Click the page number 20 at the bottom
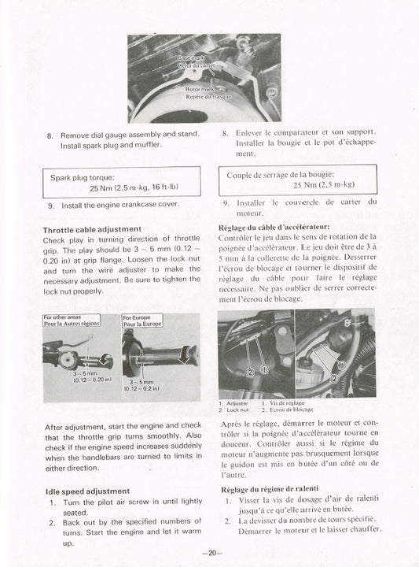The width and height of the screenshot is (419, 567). point(209,553)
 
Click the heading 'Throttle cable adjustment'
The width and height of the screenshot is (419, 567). point(90,229)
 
